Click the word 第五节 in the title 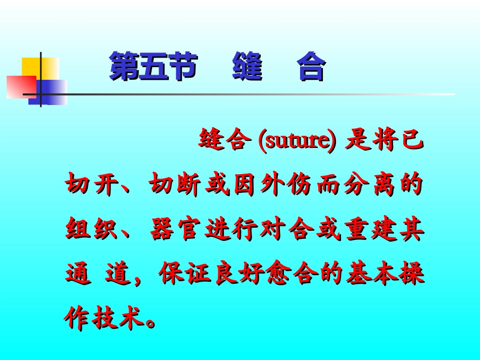point(152,67)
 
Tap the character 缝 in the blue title point(247,67)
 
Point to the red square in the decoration point(20,86)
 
